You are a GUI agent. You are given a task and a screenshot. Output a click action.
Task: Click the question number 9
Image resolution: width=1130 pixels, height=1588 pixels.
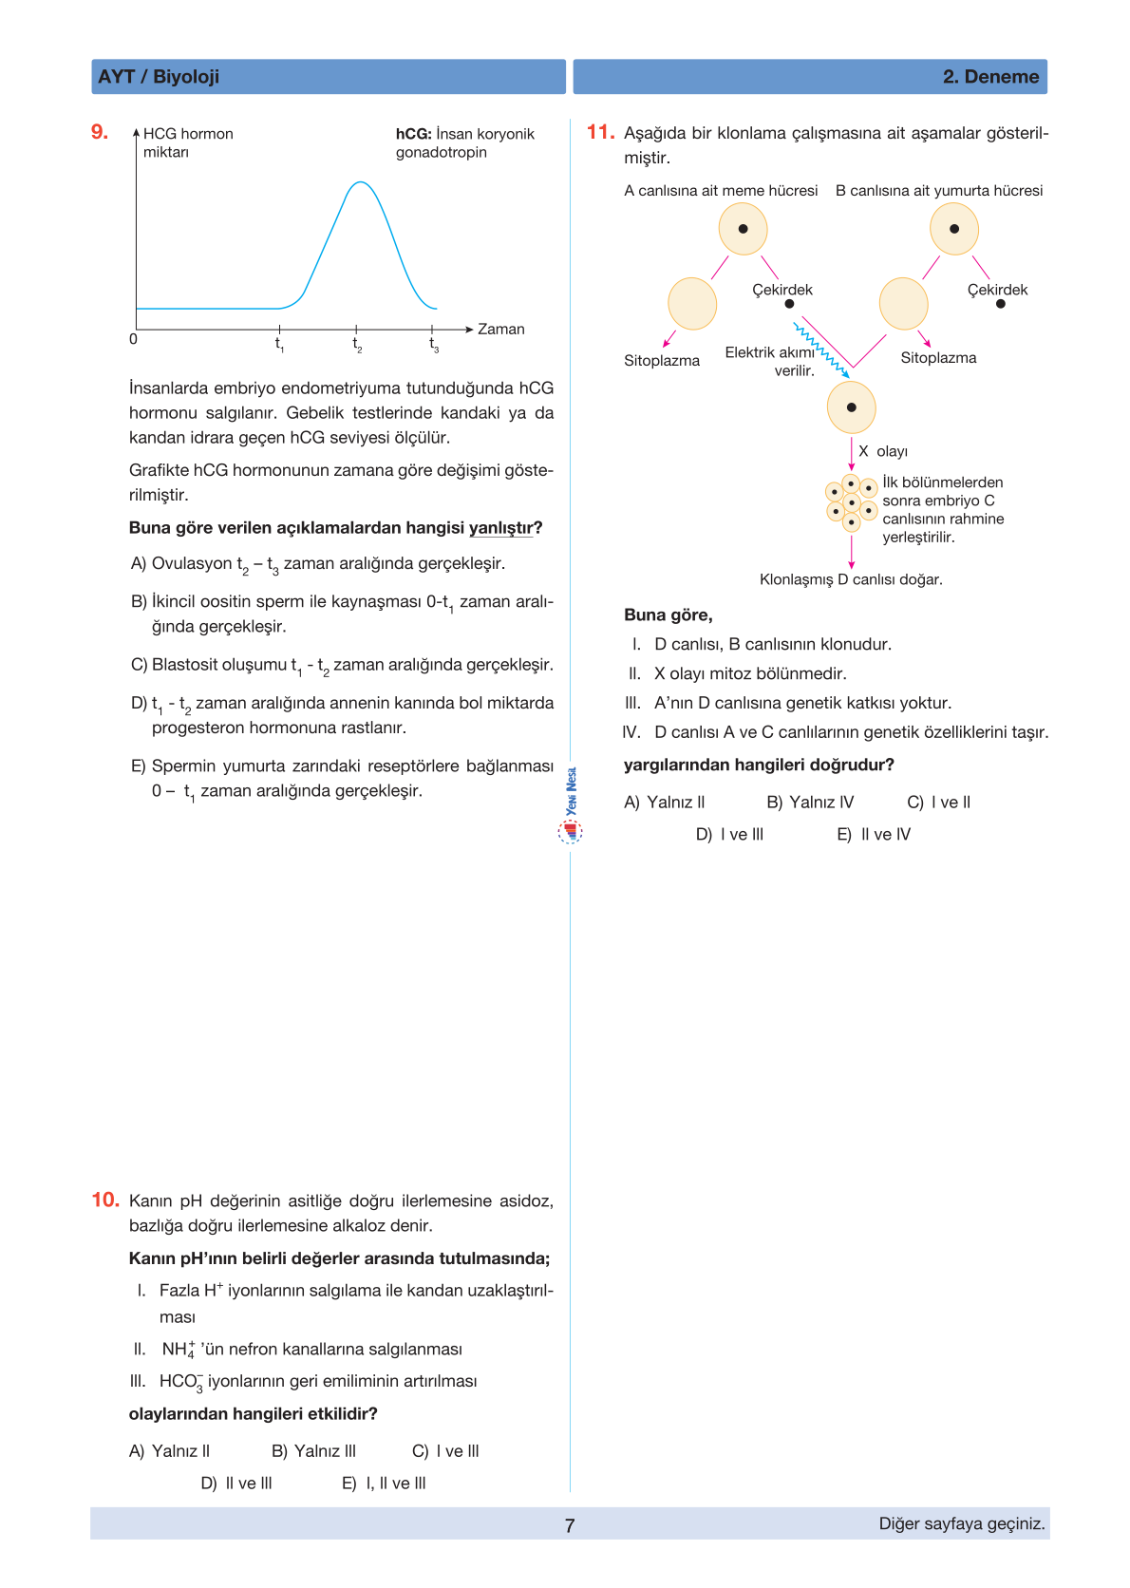[x=100, y=132]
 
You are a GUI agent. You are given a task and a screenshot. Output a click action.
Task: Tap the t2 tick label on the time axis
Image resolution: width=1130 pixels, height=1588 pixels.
[x=357, y=345]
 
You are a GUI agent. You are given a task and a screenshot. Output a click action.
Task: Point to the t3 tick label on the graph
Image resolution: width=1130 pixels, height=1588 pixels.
[x=434, y=345]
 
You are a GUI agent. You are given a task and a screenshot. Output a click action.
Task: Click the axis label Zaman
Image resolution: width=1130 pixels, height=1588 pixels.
[x=500, y=330]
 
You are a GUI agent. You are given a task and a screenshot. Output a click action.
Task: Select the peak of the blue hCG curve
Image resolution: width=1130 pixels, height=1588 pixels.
[x=360, y=182]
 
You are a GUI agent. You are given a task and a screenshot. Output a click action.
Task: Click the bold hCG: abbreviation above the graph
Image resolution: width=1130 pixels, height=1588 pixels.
[x=413, y=134]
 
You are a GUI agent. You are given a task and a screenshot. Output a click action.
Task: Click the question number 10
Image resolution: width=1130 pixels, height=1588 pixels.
[x=105, y=1200]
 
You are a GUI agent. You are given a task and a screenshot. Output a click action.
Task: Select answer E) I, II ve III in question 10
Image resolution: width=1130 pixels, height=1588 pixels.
[x=384, y=1483]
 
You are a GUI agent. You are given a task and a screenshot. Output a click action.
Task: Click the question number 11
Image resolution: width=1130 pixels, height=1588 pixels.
[x=600, y=132]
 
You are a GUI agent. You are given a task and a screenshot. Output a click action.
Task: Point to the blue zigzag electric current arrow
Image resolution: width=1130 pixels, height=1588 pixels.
[x=821, y=350]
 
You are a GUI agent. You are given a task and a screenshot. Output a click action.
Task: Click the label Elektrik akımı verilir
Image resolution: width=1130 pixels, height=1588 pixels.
[x=770, y=361]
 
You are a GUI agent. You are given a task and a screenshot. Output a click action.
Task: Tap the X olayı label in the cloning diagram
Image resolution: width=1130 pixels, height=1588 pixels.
[x=882, y=451]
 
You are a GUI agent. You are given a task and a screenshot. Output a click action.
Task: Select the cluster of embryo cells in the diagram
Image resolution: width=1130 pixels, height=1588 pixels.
[x=852, y=502]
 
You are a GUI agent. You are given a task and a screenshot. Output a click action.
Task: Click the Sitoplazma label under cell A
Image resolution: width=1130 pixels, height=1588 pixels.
[x=662, y=361]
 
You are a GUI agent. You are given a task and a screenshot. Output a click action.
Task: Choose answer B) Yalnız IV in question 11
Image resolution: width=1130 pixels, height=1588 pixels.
[x=810, y=803]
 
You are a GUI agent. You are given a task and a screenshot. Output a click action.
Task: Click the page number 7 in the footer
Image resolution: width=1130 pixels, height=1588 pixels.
[x=570, y=1525]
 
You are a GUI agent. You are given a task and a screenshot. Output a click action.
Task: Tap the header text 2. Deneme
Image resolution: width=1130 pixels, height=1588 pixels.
[x=990, y=77]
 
